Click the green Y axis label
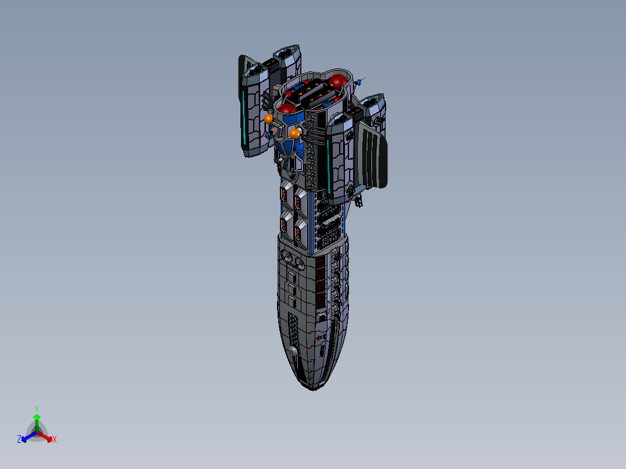36,407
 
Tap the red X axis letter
55,440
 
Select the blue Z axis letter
19,440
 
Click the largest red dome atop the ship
339,81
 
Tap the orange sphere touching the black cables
294,134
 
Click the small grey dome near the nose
293,351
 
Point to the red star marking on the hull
319,338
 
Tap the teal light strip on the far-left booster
244,119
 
